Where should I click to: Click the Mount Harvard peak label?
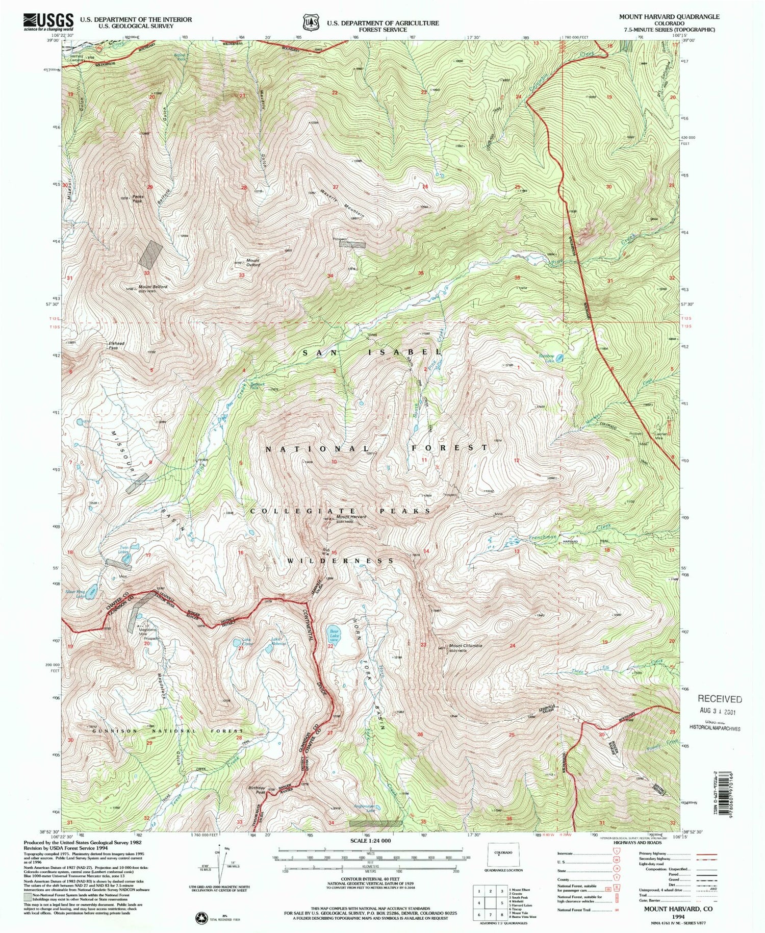(351, 518)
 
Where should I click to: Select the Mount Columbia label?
(465, 646)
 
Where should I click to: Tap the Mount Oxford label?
(252, 263)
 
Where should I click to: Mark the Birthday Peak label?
(256, 790)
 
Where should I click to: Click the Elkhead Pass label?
(117, 345)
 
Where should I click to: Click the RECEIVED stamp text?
(719, 699)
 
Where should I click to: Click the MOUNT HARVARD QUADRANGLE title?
(669, 16)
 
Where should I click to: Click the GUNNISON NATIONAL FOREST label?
(168, 731)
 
